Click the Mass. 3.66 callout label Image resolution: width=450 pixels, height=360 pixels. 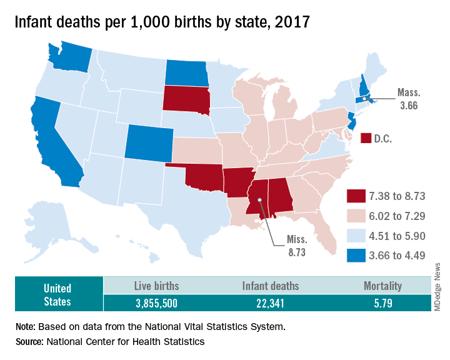coord(409,98)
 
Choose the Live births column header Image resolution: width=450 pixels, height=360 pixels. coord(157,286)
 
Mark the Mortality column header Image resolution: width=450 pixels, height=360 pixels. coord(382,286)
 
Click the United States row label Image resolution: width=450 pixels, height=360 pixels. coord(57,294)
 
